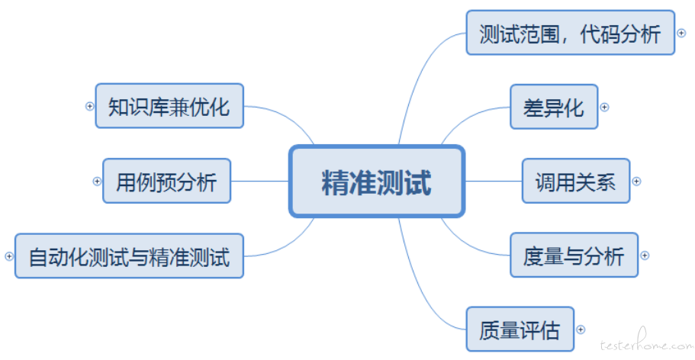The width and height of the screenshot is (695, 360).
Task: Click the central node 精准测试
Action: pyautogui.click(x=377, y=182)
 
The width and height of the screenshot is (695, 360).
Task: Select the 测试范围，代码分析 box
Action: pyautogui.click(x=571, y=33)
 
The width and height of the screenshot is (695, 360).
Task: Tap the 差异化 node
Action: pyautogui.click(x=554, y=107)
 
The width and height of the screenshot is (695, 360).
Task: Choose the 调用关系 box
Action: pyautogui.click(x=576, y=181)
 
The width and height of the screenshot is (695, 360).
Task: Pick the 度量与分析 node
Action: pyautogui.click(x=574, y=255)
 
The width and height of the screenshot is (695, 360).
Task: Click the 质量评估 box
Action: pyautogui.click(x=520, y=329)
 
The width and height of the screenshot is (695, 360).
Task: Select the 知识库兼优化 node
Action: pyautogui.click(x=169, y=106)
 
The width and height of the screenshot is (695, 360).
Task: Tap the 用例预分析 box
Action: pyautogui.click(x=166, y=181)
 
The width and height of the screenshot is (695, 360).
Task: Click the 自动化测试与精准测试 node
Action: pyautogui.click(x=130, y=256)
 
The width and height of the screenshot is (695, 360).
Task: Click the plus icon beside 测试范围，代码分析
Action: pyautogui.click(x=682, y=33)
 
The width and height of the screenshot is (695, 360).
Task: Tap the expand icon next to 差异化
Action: pyautogui.click(x=604, y=107)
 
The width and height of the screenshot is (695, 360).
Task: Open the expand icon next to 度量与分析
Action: pyautogui.click(x=645, y=255)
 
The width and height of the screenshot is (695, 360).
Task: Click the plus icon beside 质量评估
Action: pyautogui.click(x=581, y=329)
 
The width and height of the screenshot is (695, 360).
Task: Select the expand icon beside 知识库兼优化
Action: pyautogui.click(x=89, y=106)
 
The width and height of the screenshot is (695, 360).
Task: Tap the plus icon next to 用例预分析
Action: pyautogui.click(x=97, y=181)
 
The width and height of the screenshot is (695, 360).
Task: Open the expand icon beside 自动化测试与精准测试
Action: pyautogui.click(x=9, y=256)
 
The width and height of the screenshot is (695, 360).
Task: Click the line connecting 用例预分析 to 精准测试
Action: pyautogui.click(x=259, y=181)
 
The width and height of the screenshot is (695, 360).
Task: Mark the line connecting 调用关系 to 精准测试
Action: pyautogui.click(x=494, y=181)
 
